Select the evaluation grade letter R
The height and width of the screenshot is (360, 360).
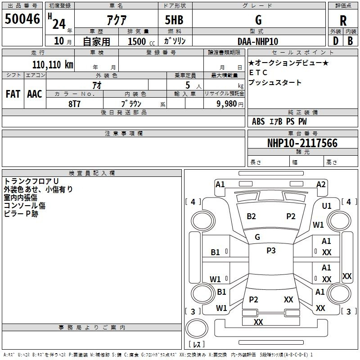343,20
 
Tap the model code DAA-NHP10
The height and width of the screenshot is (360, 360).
258,41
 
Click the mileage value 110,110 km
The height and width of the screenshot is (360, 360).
53,64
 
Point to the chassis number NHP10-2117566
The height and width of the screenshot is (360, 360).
302,143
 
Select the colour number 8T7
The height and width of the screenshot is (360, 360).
75,103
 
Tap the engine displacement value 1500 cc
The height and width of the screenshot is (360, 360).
137,41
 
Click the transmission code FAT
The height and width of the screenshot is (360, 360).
13,94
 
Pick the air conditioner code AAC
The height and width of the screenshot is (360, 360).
35,94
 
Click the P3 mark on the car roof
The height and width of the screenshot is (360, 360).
271,251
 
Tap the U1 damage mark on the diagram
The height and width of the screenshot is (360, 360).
327,206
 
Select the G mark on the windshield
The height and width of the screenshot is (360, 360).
257,237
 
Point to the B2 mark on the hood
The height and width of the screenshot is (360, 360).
251,216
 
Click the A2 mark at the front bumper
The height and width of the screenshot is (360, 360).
321,184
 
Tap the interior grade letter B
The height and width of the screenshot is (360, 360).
350,41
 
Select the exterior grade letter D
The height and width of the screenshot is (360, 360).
335,41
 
